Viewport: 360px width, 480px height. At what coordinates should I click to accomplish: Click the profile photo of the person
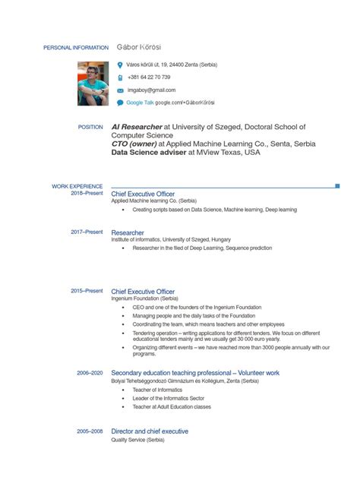[92, 84]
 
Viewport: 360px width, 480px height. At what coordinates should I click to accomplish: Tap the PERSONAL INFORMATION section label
[76, 48]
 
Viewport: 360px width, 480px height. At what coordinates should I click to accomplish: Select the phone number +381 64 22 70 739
[149, 77]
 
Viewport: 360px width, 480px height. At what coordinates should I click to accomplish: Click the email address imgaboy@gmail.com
[151, 90]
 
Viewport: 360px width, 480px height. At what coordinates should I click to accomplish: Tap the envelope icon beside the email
[120, 90]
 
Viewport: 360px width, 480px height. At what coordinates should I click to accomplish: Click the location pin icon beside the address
[120, 65]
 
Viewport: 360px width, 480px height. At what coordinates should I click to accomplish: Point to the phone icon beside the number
[120, 77]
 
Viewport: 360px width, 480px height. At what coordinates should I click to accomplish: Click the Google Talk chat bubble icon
[120, 102]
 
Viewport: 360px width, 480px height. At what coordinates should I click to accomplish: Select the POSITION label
[90, 127]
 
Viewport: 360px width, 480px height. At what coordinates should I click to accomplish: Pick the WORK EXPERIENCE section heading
[77, 186]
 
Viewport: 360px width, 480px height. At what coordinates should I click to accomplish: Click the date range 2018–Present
[87, 194]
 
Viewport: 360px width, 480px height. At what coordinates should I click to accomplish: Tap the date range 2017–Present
[87, 232]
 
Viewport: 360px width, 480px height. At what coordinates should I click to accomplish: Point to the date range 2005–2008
[90, 431]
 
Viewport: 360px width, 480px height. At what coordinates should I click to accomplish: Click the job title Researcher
[128, 232]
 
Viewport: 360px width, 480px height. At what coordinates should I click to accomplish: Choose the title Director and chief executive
[150, 431]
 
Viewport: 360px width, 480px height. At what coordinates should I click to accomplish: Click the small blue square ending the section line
[337, 185]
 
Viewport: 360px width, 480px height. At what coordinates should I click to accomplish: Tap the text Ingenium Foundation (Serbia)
[145, 299]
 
